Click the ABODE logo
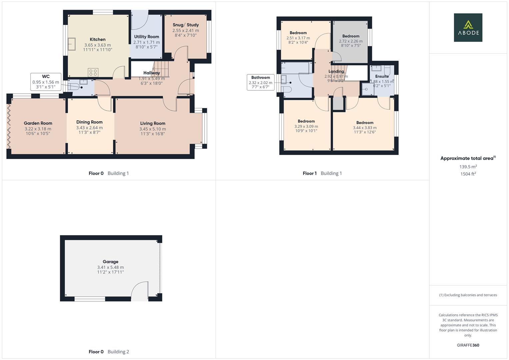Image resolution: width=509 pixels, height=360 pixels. pos(468,27)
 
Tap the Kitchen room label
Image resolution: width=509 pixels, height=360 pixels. pos(97,39)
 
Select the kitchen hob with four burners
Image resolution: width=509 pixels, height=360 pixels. pos(93,73)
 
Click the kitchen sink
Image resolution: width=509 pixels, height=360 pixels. pos(72,44)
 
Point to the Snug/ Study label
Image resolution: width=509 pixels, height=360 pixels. pos(186,25)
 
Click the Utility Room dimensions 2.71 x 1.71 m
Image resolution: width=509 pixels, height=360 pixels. pos(147,42)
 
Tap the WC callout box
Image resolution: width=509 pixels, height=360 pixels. pos(46,82)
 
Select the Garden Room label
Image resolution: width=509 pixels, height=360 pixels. pos(38,123)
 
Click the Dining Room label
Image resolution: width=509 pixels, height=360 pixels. pos(89,122)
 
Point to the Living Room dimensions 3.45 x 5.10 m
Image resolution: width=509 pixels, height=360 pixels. pos(153,129)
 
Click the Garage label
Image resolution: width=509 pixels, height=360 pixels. pos(110,262)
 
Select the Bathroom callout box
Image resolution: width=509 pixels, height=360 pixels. pos(261,82)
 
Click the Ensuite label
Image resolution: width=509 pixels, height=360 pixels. pos(382,76)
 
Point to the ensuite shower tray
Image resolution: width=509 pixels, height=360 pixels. pos(366,89)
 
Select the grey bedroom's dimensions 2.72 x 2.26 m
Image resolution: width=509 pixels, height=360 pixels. pos(351,41)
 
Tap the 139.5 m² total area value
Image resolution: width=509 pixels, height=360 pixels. pos(468,167)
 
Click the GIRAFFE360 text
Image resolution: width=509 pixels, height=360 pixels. pos(468,345)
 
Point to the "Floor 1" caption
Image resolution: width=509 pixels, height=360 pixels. pos(309,173)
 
